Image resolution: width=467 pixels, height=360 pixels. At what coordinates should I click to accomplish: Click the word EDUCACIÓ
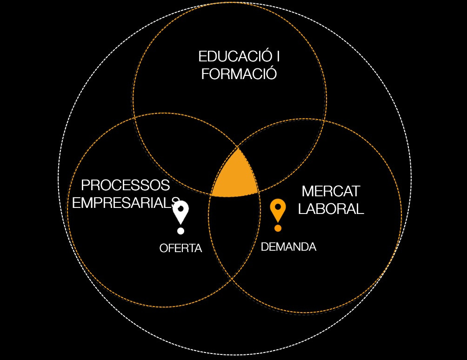click(234, 57)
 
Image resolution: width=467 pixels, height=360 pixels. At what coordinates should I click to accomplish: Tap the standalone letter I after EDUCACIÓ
click(278, 57)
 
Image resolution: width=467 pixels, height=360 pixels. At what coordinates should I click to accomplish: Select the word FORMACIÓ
click(239, 74)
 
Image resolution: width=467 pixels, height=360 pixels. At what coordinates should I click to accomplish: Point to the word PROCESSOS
click(125, 186)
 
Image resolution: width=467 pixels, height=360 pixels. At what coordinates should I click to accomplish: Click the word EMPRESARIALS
click(126, 203)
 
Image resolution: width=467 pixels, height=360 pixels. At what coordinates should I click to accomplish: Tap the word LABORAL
click(331, 209)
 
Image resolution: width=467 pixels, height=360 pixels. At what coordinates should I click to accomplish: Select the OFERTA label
click(180, 248)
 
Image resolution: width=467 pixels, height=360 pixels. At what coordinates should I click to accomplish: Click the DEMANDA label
click(288, 247)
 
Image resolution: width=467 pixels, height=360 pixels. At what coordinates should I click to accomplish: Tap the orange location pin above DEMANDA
click(278, 210)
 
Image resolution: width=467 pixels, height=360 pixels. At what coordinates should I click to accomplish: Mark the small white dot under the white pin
click(180, 231)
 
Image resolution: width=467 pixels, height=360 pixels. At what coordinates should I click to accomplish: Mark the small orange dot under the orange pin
click(278, 228)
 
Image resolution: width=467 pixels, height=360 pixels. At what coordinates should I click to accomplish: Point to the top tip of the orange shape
click(238, 148)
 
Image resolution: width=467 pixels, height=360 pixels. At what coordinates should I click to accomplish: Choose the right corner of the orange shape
click(258, 191)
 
